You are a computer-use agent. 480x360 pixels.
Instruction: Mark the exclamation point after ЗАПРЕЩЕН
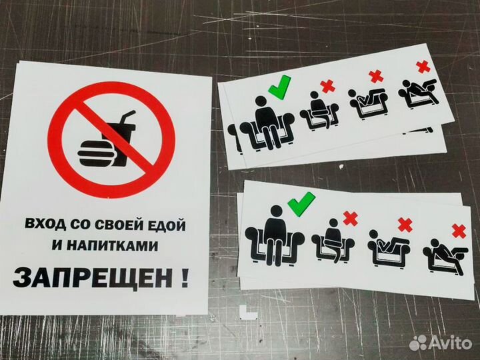(x=183, y=275)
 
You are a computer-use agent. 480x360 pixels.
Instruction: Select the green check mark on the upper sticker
(x=279, y=86)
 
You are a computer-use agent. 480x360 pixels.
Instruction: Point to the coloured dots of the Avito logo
(x=418, y=342)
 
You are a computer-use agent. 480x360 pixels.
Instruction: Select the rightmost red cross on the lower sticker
(x=459, y=231)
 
